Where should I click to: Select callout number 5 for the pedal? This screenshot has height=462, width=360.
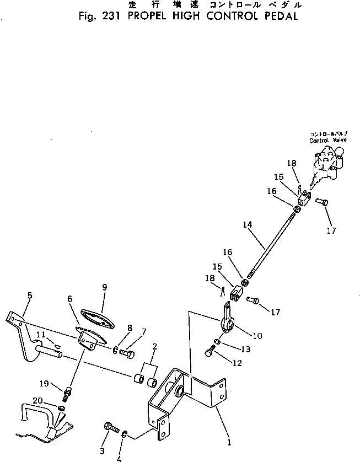tap(29, 296)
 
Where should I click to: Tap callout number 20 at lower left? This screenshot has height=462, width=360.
tap(36, 400)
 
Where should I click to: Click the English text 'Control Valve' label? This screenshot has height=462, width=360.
tap(327, 141)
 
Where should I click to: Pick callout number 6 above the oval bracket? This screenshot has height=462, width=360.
tap(69, 298)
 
